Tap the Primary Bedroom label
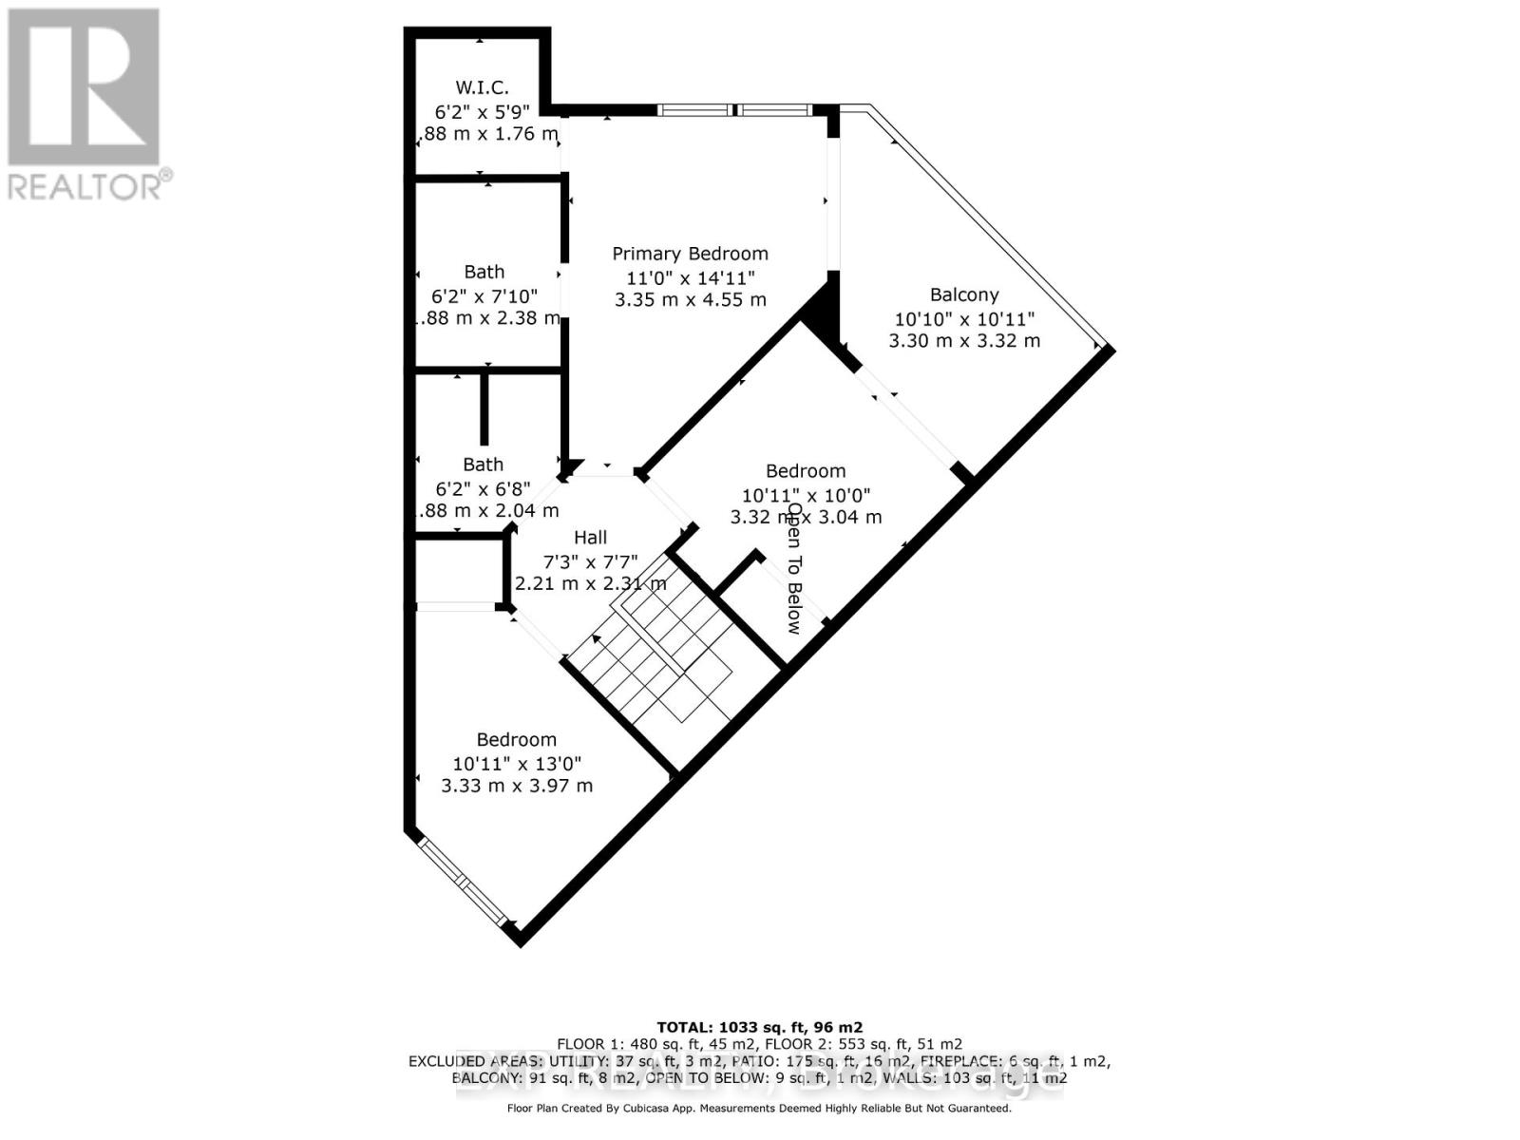click(690, 254)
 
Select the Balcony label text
click(964, 294)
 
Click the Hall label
click(590, 538)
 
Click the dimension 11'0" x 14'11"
click(690, 277)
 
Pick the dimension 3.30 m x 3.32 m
click(964, 340)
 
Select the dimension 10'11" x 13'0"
click(517, 763)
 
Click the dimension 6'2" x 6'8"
click(483, 488)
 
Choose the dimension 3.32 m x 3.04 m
click(806, 517)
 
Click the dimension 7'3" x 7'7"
click(590, 560)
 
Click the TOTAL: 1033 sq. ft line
click(759, 1027)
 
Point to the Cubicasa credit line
click(759, 1108)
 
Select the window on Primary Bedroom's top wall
click(735, 110)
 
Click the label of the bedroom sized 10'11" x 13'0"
click(517, 740)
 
